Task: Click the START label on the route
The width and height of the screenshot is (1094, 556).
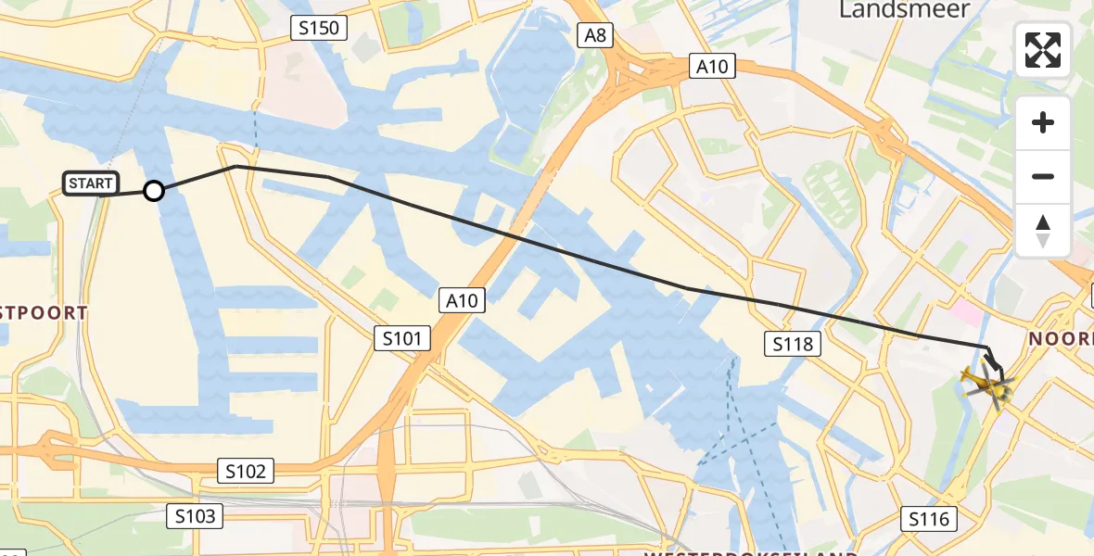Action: [91, 183]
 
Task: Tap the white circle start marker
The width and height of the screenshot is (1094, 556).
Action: [154, 191]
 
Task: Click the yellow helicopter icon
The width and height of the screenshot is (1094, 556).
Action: [985, 384]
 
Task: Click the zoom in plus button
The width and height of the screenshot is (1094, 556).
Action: [1043, 122]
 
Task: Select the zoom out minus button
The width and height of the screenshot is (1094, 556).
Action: [1043, 176]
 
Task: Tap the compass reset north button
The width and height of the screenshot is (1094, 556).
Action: [1043, 231]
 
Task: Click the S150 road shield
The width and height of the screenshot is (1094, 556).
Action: [318, 28]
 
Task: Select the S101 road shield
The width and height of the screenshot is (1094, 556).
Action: [402, 338]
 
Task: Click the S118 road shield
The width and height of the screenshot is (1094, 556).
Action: [792, 345]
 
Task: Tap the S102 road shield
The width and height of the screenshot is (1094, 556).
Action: [245, 471]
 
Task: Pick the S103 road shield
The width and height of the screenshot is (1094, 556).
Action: [196, 515]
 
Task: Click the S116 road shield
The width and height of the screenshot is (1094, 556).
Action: [929, 519]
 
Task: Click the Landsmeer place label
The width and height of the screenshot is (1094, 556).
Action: [904, 10]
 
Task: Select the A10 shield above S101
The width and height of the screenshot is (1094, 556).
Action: [461, 300]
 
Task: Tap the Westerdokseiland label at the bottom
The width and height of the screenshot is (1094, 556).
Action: [751, 552]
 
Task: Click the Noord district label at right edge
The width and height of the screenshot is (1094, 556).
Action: [1062, 339]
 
